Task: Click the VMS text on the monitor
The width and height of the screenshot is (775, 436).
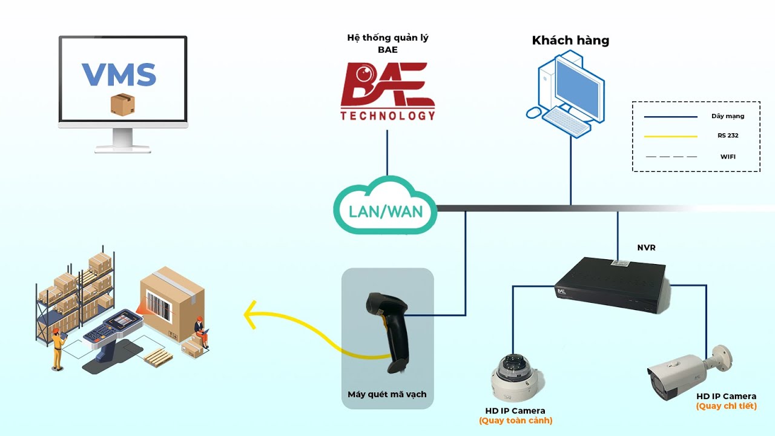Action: pos(119,74)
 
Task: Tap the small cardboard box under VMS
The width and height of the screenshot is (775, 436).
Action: pos(122,104)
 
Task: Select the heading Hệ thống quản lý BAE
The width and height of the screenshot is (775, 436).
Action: pos(387,44)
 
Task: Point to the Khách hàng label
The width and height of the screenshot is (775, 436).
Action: pos(570,41)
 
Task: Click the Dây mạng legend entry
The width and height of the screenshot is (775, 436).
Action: pos(728,116)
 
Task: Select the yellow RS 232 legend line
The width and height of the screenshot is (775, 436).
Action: pos(670,136)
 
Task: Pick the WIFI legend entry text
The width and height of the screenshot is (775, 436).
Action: pos(728,157)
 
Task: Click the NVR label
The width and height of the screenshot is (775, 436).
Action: pos(646,248)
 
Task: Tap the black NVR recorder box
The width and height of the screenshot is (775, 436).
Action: pos(612,284)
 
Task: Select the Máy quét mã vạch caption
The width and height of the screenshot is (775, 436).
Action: pos(387,394)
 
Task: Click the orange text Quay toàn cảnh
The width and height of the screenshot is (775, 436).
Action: pos(515,421)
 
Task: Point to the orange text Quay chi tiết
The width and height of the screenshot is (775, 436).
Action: pos(726,406)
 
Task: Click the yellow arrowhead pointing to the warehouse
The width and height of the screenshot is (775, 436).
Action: pos(249,314)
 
